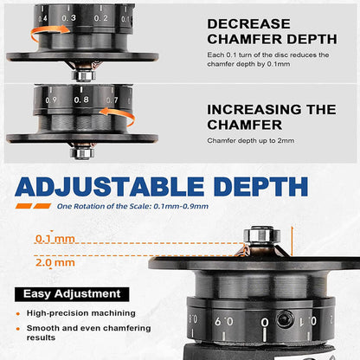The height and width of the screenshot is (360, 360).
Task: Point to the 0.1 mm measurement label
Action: click(54, 238)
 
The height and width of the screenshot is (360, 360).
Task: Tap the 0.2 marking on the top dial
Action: click(101, 16)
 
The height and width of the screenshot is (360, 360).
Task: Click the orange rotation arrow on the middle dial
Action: click(45, 116)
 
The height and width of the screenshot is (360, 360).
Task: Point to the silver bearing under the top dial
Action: click(82, 74)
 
